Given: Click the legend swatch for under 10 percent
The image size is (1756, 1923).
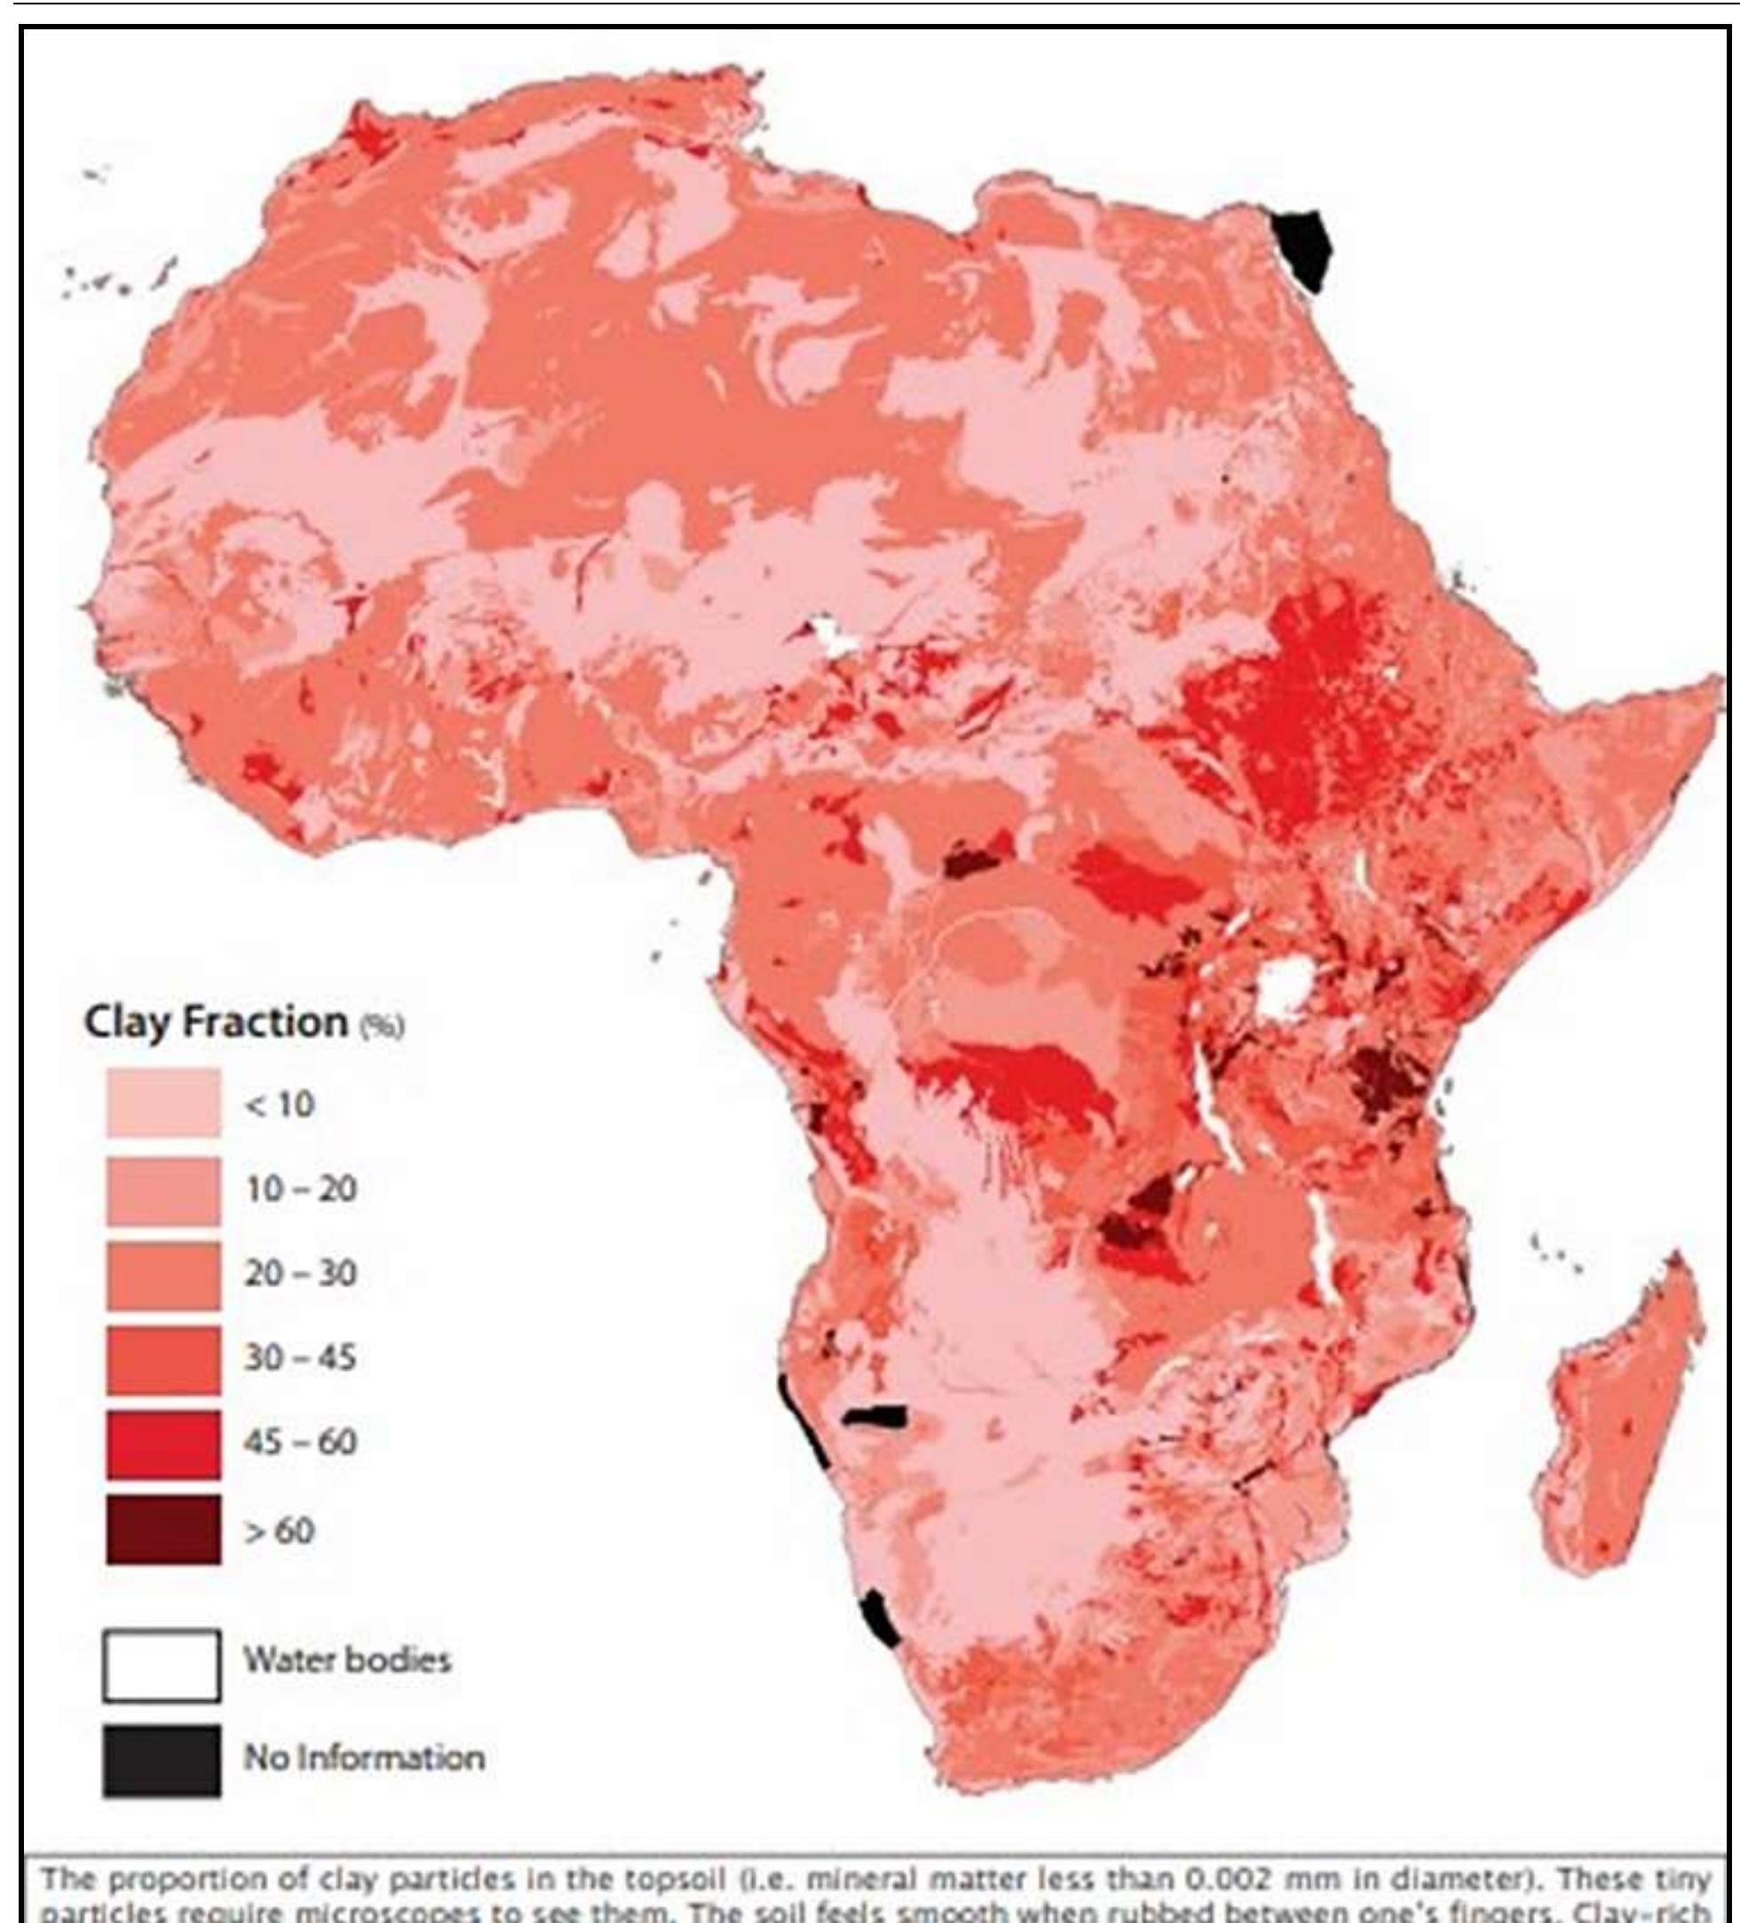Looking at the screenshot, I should pos(162,1103).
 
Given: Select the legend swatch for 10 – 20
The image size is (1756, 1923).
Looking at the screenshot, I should pos(162,1190).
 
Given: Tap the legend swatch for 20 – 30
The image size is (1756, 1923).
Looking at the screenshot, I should pos(162,1274).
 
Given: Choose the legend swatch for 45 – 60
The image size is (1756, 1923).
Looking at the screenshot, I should pos(162,1444).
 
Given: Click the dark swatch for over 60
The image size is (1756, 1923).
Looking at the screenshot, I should pos(162,1529).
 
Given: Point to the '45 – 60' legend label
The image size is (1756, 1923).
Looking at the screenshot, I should pos(300,1440).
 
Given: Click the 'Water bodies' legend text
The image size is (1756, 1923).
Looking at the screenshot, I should pos(347,1661).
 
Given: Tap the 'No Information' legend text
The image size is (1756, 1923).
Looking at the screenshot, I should pos(363,1757).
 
